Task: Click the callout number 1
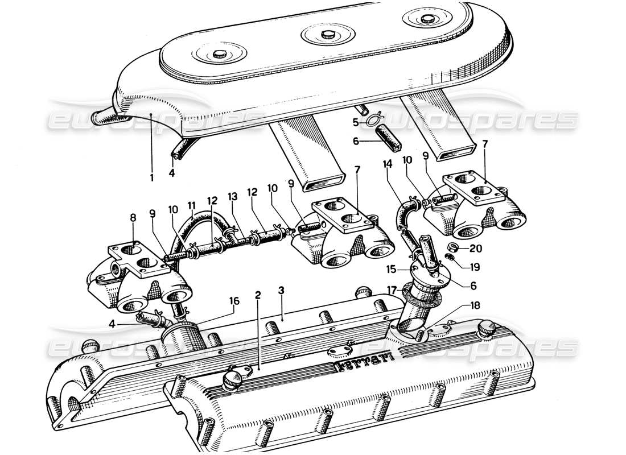click(152, 177)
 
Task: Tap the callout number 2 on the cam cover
click(258, 295)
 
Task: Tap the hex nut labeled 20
click(452, 247)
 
